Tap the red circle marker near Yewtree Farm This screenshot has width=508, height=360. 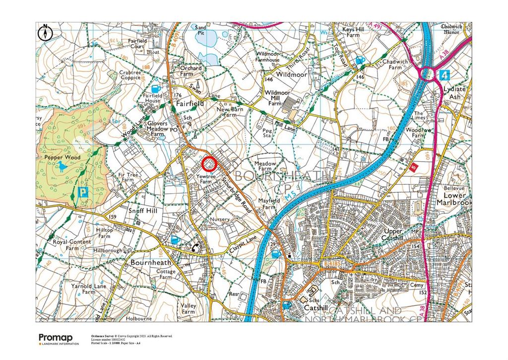click(209, 163)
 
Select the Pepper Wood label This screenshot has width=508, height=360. click(59, 157)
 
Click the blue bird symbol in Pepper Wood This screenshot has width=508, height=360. click(62, 166)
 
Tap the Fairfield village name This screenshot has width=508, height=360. click(190, 104)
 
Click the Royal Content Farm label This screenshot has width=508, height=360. click(72, 245)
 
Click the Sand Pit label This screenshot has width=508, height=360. click(201, 31)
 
